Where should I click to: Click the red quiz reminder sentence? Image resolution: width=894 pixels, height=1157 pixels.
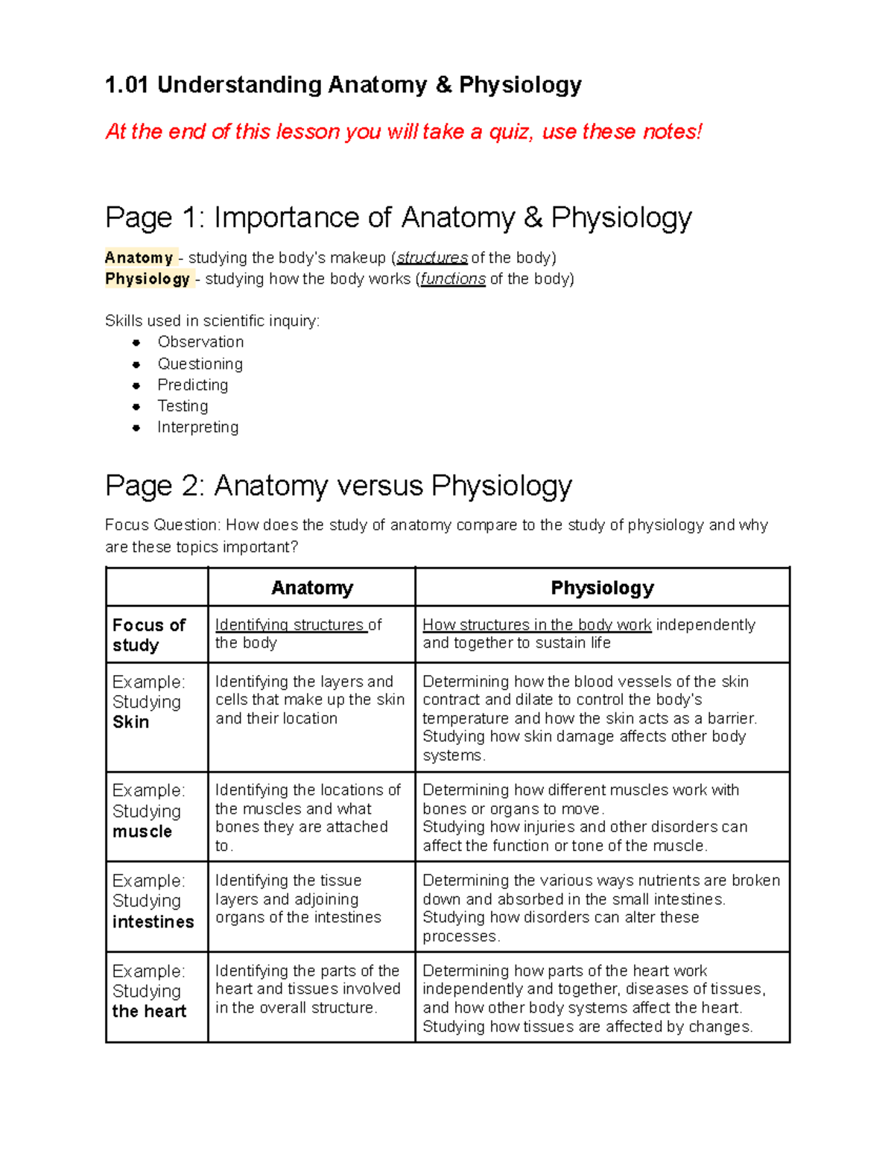(x=403, y=132)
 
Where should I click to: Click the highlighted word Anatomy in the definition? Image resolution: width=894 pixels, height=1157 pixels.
(x=139, y=258)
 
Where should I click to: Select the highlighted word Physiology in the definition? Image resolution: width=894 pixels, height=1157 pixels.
(x=148, y=279)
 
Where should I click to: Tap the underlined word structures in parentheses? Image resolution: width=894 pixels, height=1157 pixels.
(x=432, y=258)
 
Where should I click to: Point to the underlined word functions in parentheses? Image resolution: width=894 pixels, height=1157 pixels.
(x=452, y=279)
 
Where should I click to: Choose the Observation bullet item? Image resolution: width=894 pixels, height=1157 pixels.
(x=200, y=342)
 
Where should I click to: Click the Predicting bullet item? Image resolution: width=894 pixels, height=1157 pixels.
(x=192, y=385)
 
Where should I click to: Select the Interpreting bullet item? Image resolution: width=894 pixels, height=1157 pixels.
(x=197, y=428)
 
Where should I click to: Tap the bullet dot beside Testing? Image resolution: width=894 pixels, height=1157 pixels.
(x=136, y=407)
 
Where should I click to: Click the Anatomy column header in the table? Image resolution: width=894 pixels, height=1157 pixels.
(x=311, y=588)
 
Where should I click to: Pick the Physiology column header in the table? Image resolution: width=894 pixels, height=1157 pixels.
(x=602, y=588)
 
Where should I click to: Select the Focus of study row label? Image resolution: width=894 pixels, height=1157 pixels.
(x=149, y=635)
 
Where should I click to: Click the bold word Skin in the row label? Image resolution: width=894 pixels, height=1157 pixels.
(x=130, y=722)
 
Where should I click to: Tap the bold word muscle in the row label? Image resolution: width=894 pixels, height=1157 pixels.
(x=142, y=831)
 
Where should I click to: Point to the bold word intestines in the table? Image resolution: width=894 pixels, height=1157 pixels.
(x=153, y=922)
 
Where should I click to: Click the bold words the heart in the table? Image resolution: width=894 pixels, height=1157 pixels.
(x=149, y=1011)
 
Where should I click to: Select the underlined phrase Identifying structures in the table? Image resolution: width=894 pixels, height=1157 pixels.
(x=291, y=625)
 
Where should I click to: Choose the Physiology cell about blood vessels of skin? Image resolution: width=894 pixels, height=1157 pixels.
(x=589, y=717)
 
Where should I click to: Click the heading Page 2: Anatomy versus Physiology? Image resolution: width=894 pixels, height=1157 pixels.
(x=338, y=486)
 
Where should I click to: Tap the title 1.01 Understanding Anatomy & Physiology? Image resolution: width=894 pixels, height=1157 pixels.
(x=343, y=85)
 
